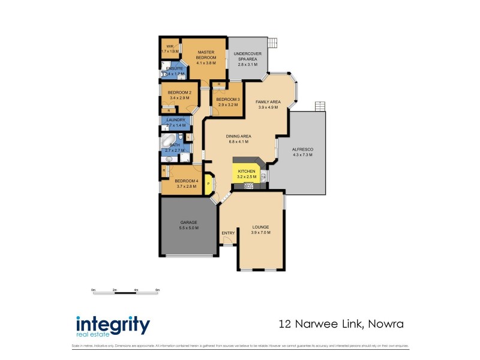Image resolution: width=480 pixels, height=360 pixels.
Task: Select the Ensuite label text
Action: [x=175, y=68]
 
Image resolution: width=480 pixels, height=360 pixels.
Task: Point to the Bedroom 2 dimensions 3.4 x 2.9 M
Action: [x=179, y=97]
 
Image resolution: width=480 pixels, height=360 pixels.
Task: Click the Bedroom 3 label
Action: [x=228, y=99]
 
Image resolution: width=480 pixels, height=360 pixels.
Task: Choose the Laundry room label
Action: [x=175, y=119]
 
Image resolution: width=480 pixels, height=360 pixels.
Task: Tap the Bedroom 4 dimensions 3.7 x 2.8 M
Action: [x=187, y=187]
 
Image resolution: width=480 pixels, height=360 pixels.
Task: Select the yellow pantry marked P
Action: [x=209, y=184]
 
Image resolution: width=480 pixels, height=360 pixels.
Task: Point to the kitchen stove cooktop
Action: [x=249, y=185]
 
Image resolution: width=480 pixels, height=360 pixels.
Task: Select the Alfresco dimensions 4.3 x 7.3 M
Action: [x=302, y=155]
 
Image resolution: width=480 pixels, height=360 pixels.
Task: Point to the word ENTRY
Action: [x=229, y=233]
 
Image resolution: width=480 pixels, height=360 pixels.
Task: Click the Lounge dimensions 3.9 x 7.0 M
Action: [x=260, y=232]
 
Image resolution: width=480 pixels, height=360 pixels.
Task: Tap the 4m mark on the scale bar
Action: [x=136, y=290]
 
